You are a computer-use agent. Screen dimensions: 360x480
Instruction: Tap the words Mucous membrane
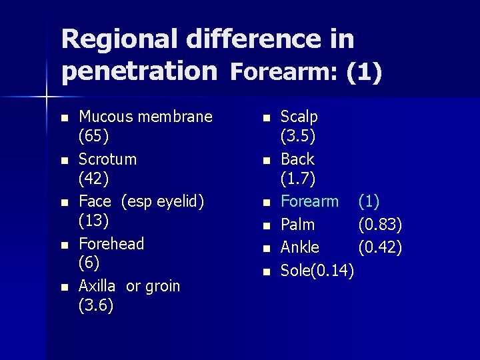[145, 117]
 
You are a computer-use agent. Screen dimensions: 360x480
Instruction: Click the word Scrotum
[107, 159]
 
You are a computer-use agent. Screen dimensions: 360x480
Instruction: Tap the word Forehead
[111, 244]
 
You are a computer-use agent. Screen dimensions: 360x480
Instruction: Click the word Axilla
[97, 286]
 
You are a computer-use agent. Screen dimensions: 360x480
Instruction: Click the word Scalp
[299, 117]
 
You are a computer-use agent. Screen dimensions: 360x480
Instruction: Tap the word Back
[297, 159]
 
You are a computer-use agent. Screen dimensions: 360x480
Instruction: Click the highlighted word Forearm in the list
[309, 201]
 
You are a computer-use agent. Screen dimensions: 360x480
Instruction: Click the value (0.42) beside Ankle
[380, 247]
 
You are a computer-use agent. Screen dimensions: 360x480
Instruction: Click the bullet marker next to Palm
[265, 225]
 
